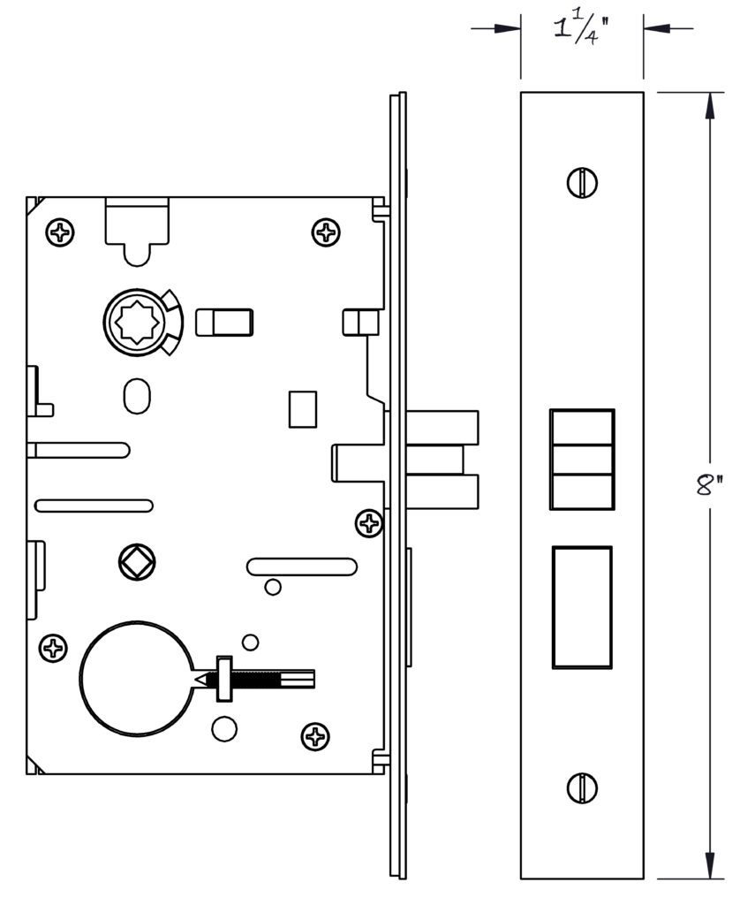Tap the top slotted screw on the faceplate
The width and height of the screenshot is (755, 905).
pyautogui.click(x=582, y=182)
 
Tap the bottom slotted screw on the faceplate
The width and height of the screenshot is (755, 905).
pyautogui.click(x=582, y=787)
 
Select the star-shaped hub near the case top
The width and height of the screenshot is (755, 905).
pyautogui.click(x=139, y=322)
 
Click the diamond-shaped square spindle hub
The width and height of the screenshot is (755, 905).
pyautogui.click(x=137, y=562)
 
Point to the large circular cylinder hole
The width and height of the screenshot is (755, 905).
pyautogui.click(x=136, y=679)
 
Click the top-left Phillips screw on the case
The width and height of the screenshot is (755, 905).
pyautogui.click(x=60, y=232)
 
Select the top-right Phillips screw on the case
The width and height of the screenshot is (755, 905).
pyautogui.click(x=326, y=232)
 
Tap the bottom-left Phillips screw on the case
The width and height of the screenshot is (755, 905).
pyautogui.click(x=53, y=647)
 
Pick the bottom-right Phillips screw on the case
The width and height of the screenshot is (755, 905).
pyautogui.click(x=315, y=736)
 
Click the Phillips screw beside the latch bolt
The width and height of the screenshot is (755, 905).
pyautogui.click(x=369, y=523)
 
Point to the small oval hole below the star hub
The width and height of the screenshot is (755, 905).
pyautogui.click(x=137, y=396)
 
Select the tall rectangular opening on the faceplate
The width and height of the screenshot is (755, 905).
pyautogui.click(x=582, y=607)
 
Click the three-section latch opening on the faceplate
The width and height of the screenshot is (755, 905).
pyautogui.click(x=582, y=460)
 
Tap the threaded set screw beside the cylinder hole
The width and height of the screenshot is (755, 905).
pyautogui.click(x=256, y=680)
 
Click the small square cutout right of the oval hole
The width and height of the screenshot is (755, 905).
pyautogui.click(x=303, y=409)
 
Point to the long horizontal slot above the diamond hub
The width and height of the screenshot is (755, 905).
pyautogui.click(x=94, y=506)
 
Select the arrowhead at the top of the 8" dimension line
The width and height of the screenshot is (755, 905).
pyautogui.click(x=709, y=106)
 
